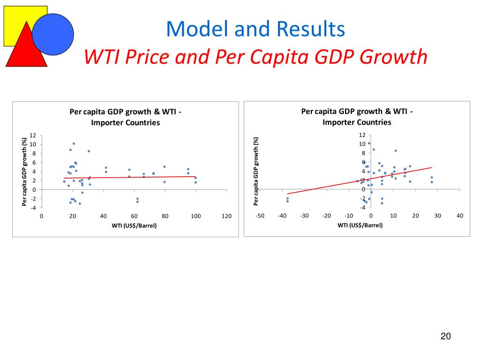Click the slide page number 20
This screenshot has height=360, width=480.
(445, 336)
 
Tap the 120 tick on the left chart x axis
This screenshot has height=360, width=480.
(226, 216)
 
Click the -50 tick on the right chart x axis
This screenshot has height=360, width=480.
(259, 216)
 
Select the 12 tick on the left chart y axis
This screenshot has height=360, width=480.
(33, 135)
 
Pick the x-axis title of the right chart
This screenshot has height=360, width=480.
(360, 225)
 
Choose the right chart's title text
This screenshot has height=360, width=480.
(357, 117)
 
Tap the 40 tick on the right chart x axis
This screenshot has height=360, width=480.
(460, 216)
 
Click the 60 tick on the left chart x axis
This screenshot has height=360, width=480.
(134, 216)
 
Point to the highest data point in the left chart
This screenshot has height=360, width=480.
(74, 143)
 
